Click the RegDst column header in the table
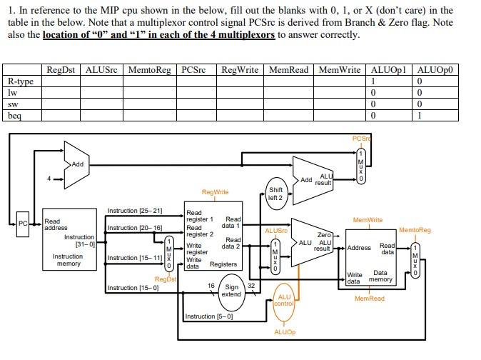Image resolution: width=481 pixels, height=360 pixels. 62,70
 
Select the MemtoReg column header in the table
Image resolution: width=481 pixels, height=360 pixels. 148,70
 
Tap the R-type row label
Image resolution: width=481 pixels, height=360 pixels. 21,81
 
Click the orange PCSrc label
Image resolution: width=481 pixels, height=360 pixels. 361,138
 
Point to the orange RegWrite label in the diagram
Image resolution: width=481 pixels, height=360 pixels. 215,192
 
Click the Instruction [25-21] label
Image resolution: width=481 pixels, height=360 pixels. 134,211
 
